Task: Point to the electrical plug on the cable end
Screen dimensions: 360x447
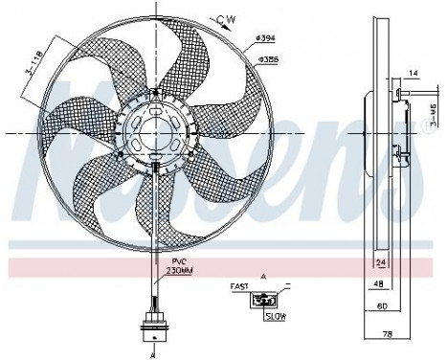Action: click(x=151, y=323)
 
